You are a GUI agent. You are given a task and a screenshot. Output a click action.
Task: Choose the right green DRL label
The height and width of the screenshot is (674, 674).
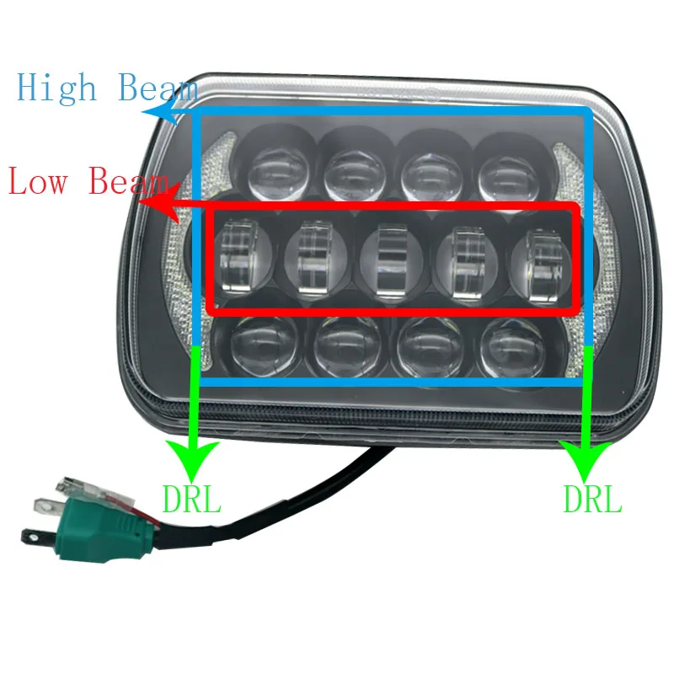tap(592, 498)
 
